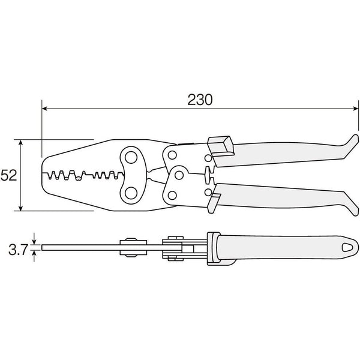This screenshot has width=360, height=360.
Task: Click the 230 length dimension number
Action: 200,100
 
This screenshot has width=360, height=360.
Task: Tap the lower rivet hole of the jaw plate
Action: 130,194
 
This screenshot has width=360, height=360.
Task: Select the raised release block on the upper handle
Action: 220,145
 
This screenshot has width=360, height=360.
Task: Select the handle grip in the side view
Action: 282,248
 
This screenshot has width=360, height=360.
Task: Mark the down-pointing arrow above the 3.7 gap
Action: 35,240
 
